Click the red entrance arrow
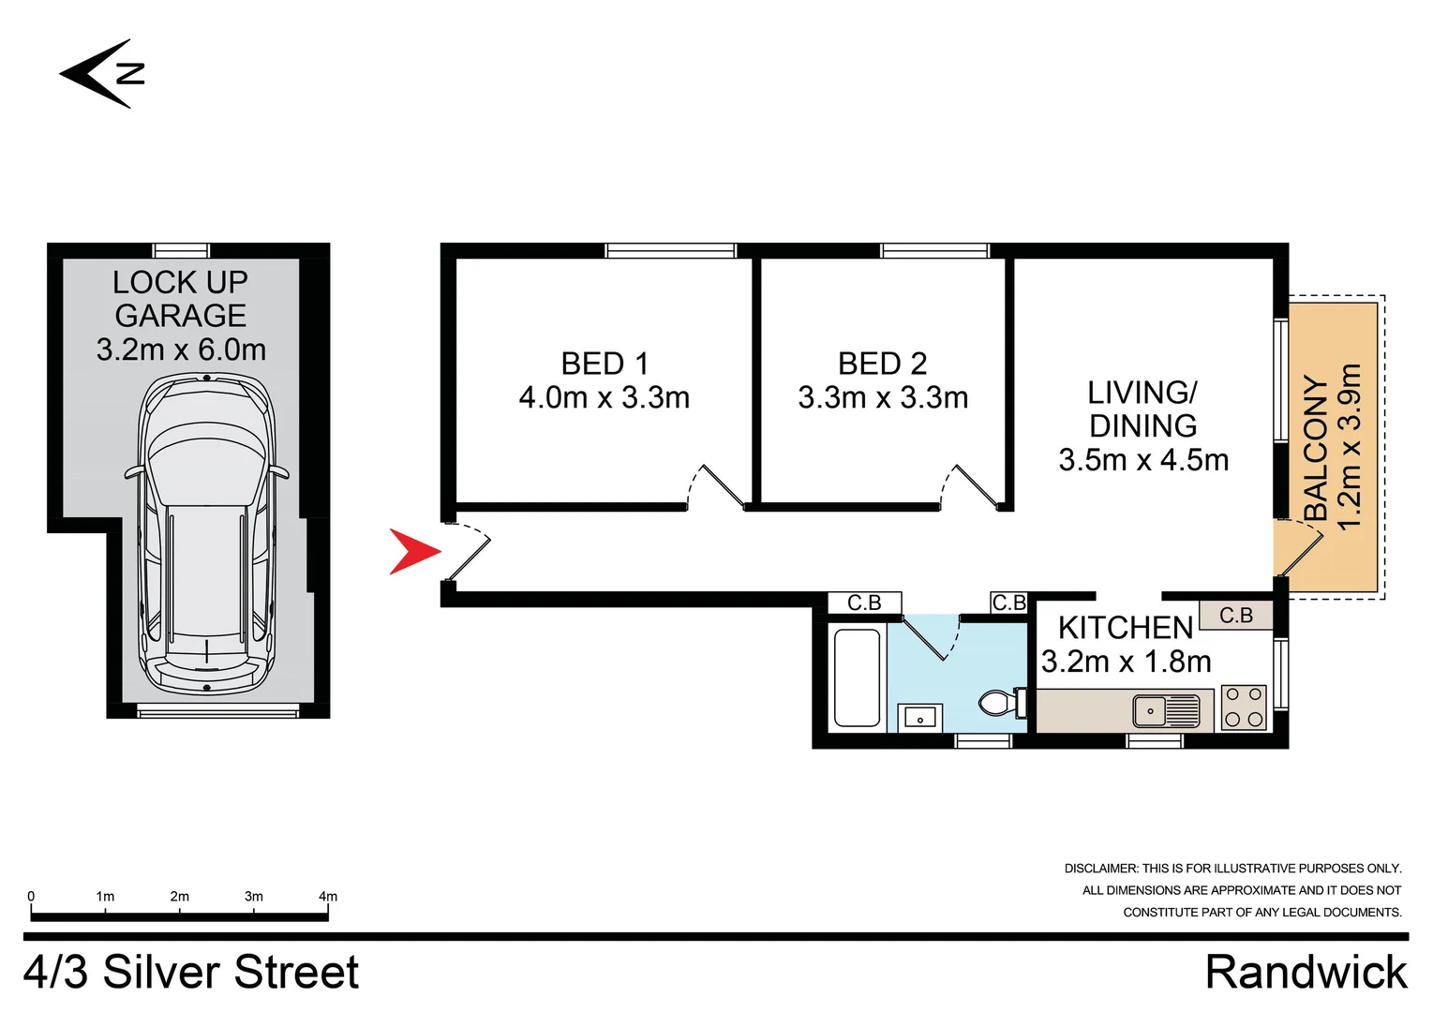point(412,551)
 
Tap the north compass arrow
point(101,73)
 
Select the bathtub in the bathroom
point(857,677)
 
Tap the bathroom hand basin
point(919,718)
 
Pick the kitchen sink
point(1166,710)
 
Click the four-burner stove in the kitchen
point(1244,707)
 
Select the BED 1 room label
point(605,364)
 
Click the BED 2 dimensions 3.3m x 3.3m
point(883,397)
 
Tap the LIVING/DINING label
point(1142,409)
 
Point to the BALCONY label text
point(1317,448)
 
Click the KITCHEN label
point(1125,627)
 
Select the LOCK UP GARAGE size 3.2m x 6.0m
point(181,350)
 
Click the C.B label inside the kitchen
point(1235,616)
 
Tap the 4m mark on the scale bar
point(327,897)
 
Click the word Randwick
point(1306,972)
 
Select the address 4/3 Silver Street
point(191,972)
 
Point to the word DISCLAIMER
point(1100,869)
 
